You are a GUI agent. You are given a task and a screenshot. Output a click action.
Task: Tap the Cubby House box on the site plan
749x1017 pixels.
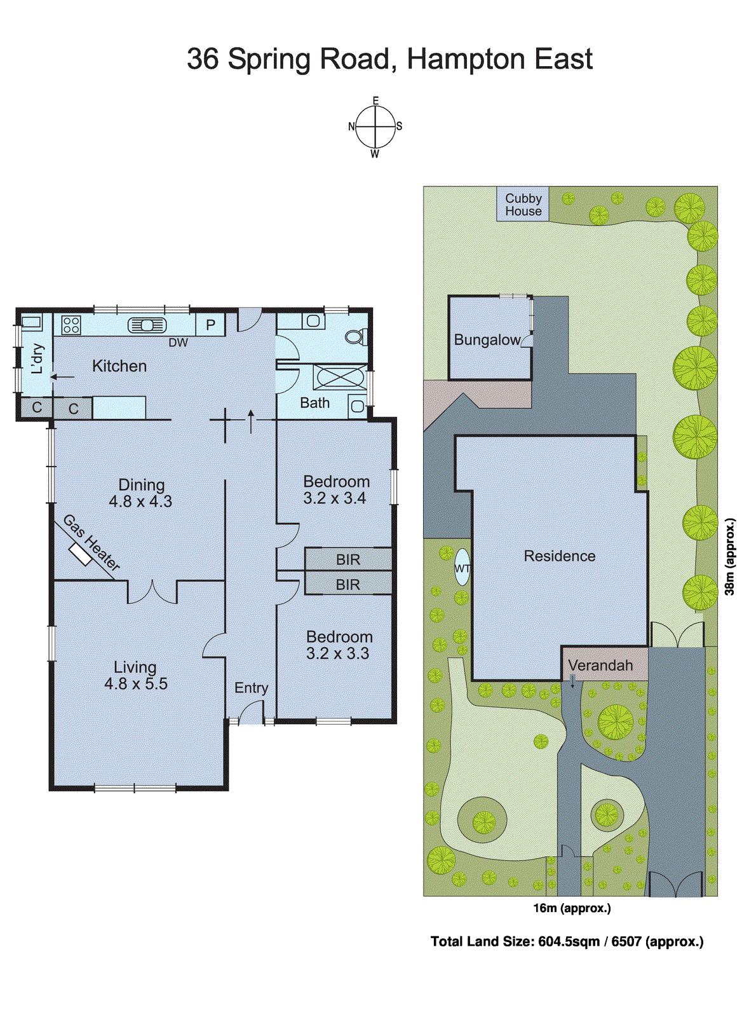[x=523, y=205]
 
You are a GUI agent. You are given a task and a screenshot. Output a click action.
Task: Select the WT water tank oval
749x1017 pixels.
[x=462, y=568]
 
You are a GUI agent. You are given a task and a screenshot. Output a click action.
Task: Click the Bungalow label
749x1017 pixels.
[x=487, y=340]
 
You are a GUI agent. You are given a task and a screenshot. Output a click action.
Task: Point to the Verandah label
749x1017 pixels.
[x=600, y=665]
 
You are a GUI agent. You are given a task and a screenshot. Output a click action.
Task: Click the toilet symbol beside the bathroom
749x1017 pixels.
[x=355, y=336]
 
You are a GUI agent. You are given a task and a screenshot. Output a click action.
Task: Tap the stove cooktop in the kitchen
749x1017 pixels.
[x=71, y=325]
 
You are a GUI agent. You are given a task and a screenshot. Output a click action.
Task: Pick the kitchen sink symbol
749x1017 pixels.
[x=147, y=325]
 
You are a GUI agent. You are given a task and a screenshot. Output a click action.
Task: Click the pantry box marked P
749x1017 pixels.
[x=210, y=325]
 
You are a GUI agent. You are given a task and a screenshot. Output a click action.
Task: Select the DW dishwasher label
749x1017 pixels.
[x=178, y=343]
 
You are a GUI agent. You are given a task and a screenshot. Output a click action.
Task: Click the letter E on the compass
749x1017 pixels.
[x=375, y=101]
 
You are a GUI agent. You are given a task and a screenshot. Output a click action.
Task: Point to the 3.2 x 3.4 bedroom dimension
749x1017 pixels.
[x=335, y=498]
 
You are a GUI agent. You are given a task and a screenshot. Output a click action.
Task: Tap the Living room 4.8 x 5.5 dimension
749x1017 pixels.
[x=136, y=684]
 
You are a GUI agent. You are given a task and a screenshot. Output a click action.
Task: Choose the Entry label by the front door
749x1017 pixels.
[x=251, y=688]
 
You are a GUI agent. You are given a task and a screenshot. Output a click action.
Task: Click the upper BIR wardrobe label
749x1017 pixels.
[x=348, y=560]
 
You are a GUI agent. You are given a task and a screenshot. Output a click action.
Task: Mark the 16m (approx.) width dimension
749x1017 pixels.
[x=572, y=908]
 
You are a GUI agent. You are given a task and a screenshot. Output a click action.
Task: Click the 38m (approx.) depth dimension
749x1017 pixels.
[x=731, y=557]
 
